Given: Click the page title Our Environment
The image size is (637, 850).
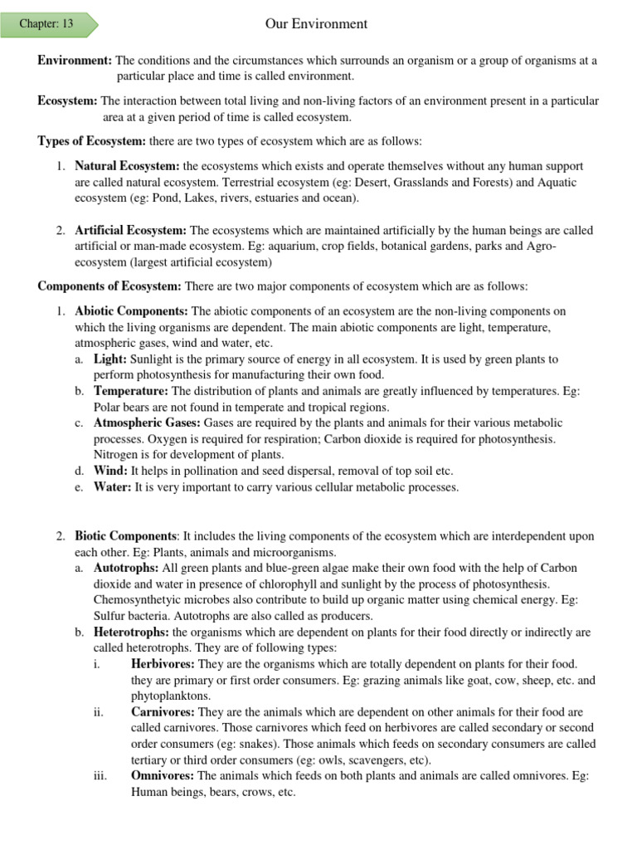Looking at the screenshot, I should pyautogui.click(x=316, y=24).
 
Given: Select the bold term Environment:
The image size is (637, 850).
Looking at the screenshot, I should pyautogui.click(x=75, y=61).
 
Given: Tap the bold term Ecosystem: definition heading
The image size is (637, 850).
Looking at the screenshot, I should pyautogui.click(x=68, y=101).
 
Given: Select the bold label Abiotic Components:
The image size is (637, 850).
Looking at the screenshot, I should pyautogui.click(x=132, y=311).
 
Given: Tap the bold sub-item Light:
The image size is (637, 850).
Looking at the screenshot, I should pyautogui.click(x=110, y=359).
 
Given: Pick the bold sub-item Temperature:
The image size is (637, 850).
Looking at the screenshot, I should pyautogui.click(x=131, y=391).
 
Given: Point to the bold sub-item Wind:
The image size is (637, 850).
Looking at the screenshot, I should pyautogui.click(x=110, y=471).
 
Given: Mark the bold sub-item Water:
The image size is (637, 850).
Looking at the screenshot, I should pyautogui.click(x=113, y=487).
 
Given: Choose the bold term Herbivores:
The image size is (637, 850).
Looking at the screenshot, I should pyautogui.click(x=163, y=664).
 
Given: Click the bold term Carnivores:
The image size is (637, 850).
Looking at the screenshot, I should pyautogui.click(x=163, y=712).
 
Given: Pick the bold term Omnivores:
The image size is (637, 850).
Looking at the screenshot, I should pyautogui.click(x=163, y=775).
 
